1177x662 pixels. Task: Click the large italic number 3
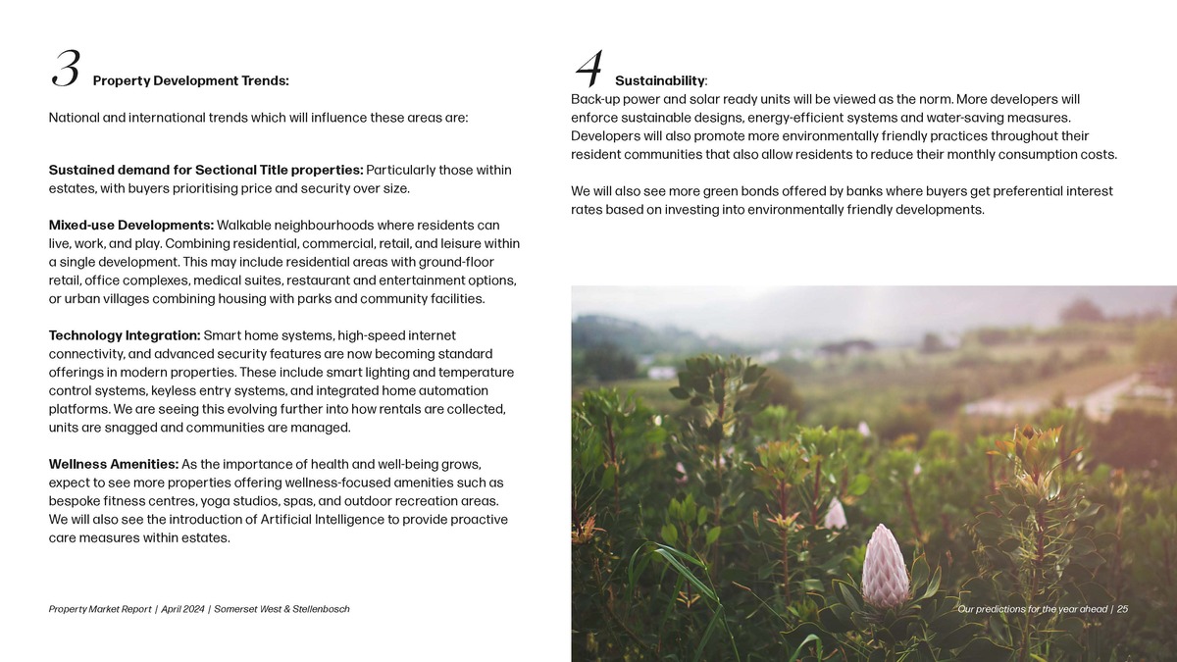(x=66, y=69)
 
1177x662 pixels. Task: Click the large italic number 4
(x=588, y=69)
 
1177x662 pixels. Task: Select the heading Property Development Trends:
(x=190, y=80)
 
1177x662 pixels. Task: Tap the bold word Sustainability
(x=659, y=80)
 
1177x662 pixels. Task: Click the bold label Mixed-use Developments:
(x=130, y=226)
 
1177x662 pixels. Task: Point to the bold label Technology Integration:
(x=125, y=335)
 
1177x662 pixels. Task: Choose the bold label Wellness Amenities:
(x=113, y=464)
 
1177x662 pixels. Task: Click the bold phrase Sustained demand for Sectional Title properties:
(x=206, y=171)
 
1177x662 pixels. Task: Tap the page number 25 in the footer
(x=1121, y=609)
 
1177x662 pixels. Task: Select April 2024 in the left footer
(x=181, y=610)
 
